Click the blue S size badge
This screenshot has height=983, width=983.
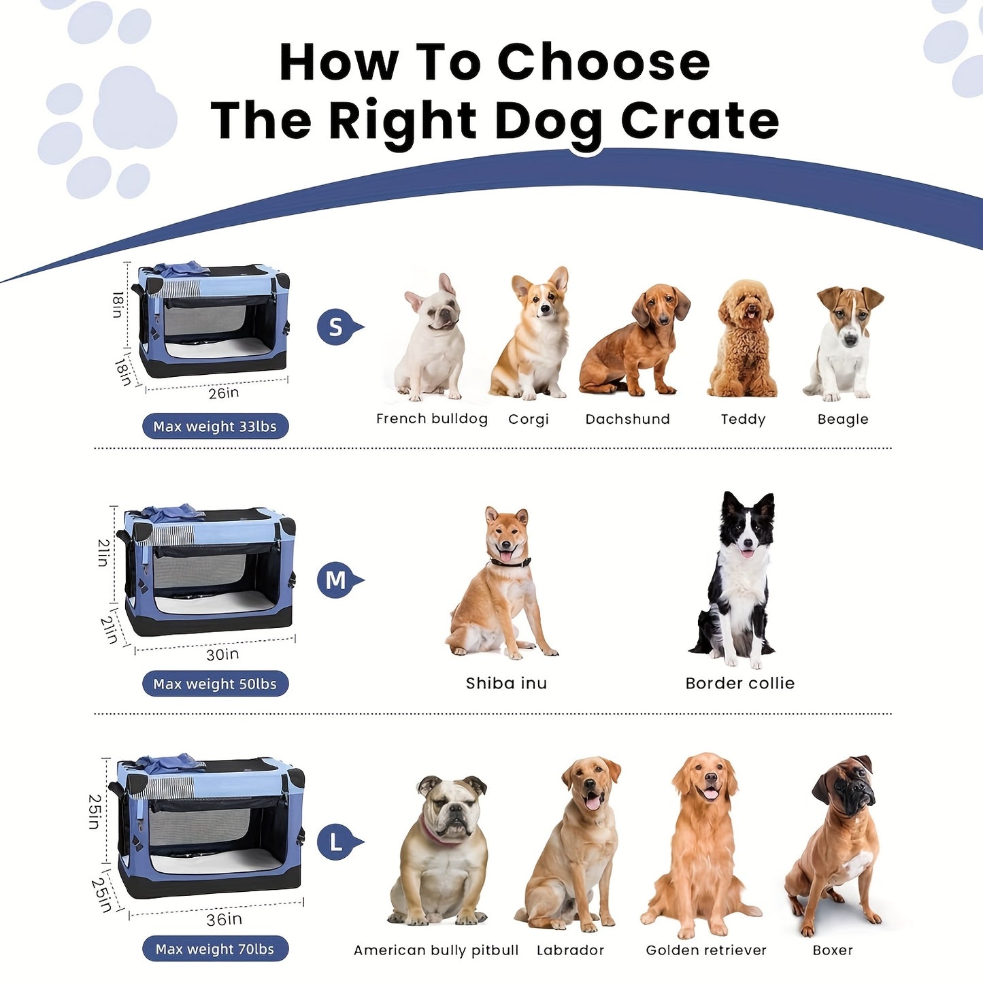tap(336, 327)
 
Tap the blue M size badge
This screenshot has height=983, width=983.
tap(336, 580)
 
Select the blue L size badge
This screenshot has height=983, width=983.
tap(336, 842)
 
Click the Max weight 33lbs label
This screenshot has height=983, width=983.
tap(215, 427)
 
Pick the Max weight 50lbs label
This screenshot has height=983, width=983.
tap(215, 684)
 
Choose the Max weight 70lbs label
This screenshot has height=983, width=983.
tap(215, 949)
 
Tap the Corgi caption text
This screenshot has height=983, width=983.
tap(529, 419)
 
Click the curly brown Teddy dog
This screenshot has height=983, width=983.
tap(744, 340)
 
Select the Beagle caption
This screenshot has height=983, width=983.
tap(843, 419)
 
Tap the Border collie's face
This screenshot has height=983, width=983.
tap(748, 531)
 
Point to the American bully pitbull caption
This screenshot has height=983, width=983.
tap(436, 950)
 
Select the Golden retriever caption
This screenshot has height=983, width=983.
tap(706, 950)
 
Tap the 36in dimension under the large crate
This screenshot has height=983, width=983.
tap(224, 920)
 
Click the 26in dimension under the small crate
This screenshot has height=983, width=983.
tap(224, 393)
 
